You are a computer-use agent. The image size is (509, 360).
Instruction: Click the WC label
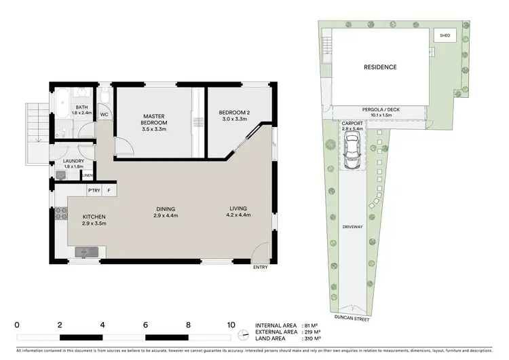[x=105, y=115]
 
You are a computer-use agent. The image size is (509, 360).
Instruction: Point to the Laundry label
[x=73, y=161]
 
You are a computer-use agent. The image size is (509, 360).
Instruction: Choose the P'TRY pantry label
[x=94, y=192]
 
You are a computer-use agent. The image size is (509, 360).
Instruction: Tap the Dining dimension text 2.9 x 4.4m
[x=165, y=216]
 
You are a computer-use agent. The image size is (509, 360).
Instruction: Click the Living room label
[x=238, y=208]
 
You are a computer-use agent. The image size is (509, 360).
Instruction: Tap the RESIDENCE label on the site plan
[x=379, y=67]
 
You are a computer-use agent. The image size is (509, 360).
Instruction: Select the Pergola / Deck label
[x=379, y=110]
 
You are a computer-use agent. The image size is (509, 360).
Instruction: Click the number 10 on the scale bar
[x=231, y=325]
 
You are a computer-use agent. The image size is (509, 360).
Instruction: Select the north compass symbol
[x=244, y=333]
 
